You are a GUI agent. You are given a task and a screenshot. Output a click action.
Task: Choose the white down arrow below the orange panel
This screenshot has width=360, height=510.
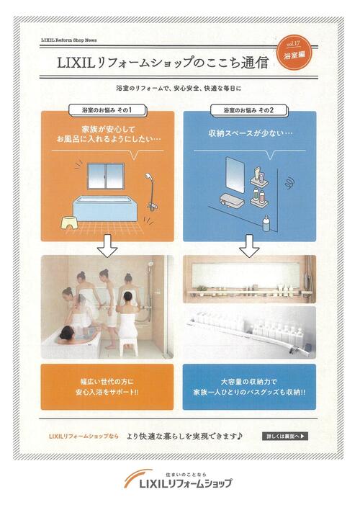tap(107, 247)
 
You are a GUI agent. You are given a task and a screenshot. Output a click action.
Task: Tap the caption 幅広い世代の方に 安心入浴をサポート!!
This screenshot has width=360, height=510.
tap(107, 387)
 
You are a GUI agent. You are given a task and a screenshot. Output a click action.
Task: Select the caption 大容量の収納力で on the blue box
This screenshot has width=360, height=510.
tap(248, 381)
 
